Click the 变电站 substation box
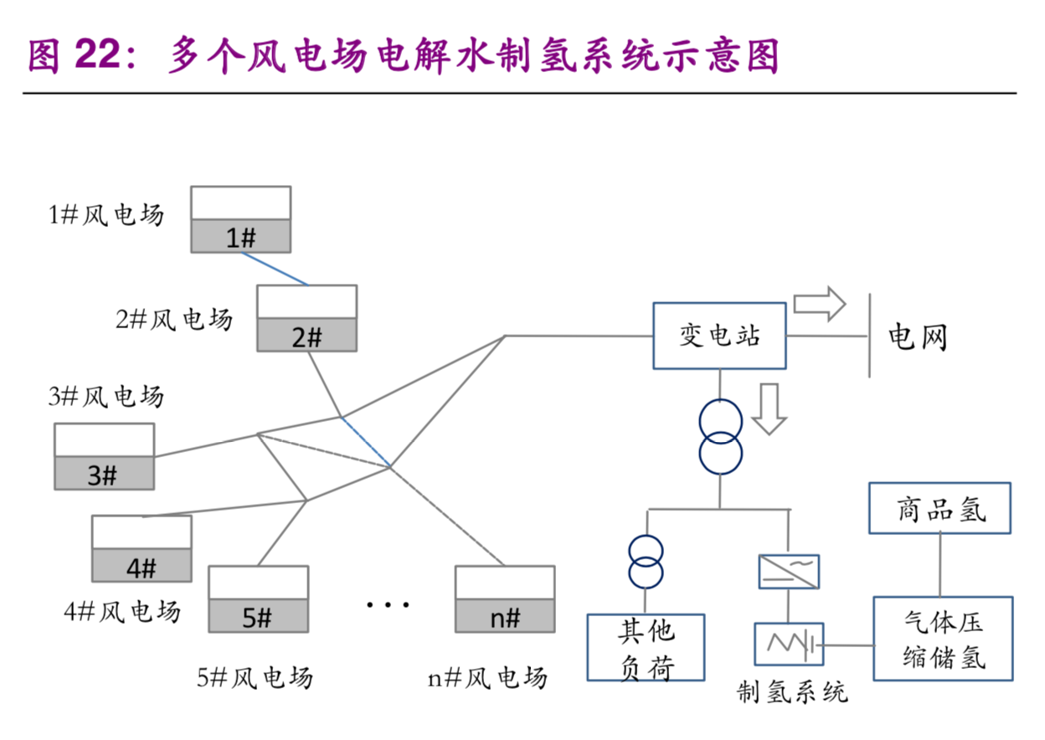(x=719, y=336)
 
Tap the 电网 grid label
(x=918, y=338)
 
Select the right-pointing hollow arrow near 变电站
(x=821, y=304)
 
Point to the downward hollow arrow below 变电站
(x=770, y=409)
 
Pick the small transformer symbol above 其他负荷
(x=646, y=563)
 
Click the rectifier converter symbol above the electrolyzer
(x=788, y=572)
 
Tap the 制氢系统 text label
(x=792, y=691)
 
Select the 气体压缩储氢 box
(x=943, y=639)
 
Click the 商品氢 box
(x=940, y=508)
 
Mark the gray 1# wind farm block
(x=240, y=237)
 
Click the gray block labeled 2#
(x=306, y=336)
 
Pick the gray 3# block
(x=104, y=474)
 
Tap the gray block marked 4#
(x=142, y=566)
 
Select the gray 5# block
(x=258, y=617)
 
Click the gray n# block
(x=505, y=617)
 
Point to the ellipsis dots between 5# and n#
(x=388, y=604)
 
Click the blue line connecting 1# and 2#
(x=275, y=269)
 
